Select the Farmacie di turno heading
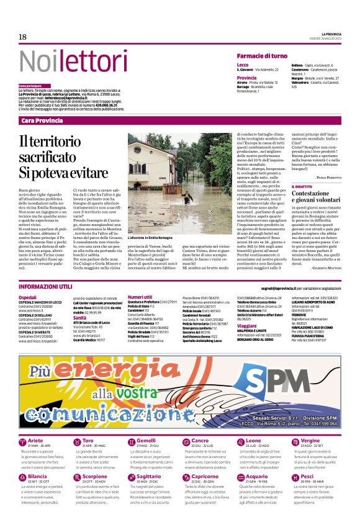click(261, 56)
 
